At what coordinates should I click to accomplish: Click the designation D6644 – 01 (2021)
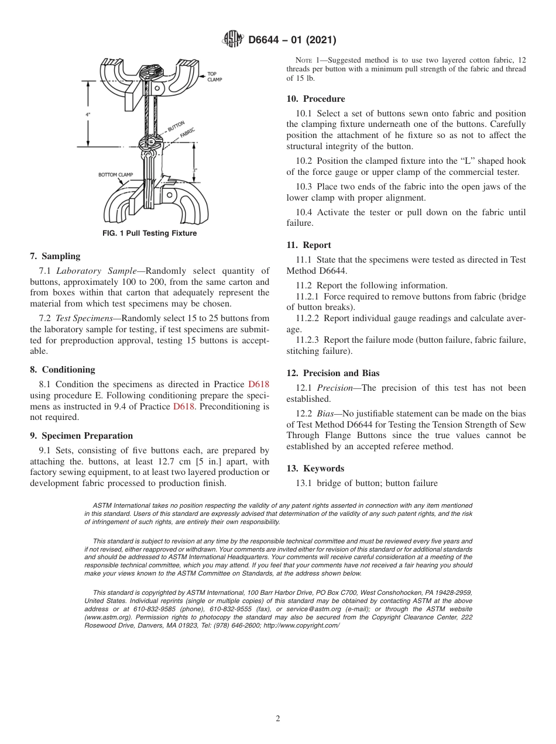pyautogui.click(x=292, y=40)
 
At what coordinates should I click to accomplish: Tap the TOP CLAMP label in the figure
pyautogui.click(x=214, y=77)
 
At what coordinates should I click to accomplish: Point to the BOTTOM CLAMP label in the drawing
pyautogui.click(x=115, y=175)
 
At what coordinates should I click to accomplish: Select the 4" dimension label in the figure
pyautogui.click(x=88, y=115)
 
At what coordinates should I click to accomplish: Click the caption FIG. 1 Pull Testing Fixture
pyautogui.click(x=149, y=233)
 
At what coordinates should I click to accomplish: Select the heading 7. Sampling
pyautogui.click(x=55, y=256)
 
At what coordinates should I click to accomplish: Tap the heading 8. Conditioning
pyautogui.click(x=62, y=370)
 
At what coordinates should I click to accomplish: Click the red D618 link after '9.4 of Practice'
pyautogui.click(x=184, y=407)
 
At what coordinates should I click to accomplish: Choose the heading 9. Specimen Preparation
pyautogui.click(x=81, y=436)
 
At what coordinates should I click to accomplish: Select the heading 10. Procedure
pyautogui.click(x=315, y=99)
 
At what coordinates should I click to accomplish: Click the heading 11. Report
pyautogui.click(x=308, y=245)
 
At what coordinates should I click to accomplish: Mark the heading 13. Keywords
pyautogui.click(x=315, y=469)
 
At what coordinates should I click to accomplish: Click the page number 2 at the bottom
pyautogui.click(x=278, y=719)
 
